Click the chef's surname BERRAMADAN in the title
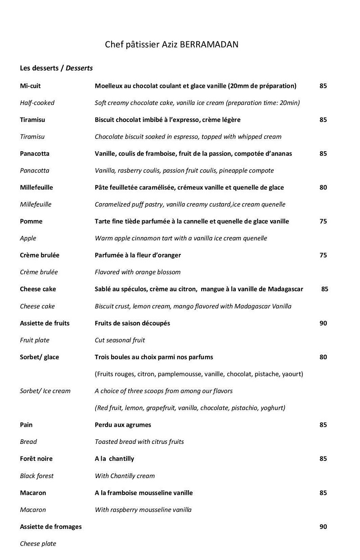pyautogui.click(x=209, y=44)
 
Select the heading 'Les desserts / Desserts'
pyautogui.click(x=56, y=68)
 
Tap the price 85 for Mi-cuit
pyautogui.click(x=323, y=86)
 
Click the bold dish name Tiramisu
pyautogui.click(x=32, y=120)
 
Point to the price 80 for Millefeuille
pyautogui.click(x=323, y=187)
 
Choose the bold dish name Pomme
pyautogui.click(x=31, y=221)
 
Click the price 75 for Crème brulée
pyautogui.click(x=323, y=255)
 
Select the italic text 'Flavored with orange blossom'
pyautogui.click(x=138, y=272)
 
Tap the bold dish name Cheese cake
pyautogui.click(x=38, y=289)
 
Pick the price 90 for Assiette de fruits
pyautogui.click(x=323, y=323)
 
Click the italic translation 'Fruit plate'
pyautogui.click(x=35, y=340)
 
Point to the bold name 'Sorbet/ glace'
pyautogui.click(x=40, y=357)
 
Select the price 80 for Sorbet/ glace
pyautogui.click(x=323, y=357)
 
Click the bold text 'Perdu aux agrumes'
pyautogui.click(x=123, y=425)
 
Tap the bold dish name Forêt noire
pyautogui.click(x=36, y=459)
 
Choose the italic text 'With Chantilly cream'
pyautogui.click(x=125, y=476)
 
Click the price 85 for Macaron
pyautogui.click(x=323, y=492)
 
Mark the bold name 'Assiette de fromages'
pyautogui.click(x=51, y=527)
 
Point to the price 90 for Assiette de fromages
pyautogui.click(x=323, y=527)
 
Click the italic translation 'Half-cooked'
pyautogui.click(x=37, y=103)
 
